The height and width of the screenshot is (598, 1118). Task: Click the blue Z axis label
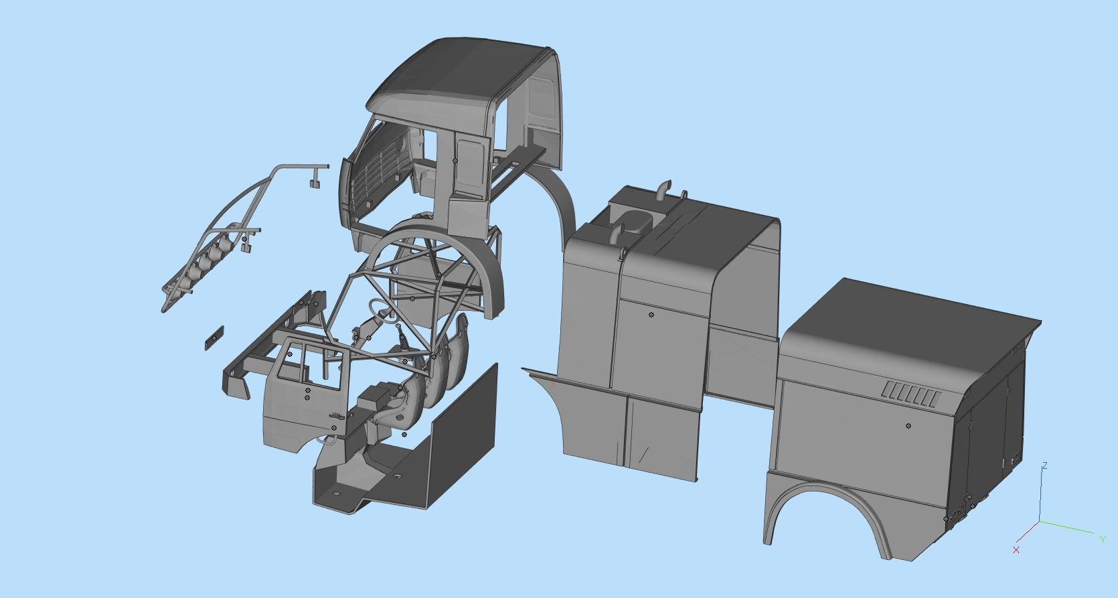click(1044, 465)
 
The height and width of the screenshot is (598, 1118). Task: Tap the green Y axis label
click(1102, 538)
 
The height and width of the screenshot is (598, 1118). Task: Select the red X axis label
click(1016, 550)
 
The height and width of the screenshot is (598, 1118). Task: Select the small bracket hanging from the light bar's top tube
click(313, 179)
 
